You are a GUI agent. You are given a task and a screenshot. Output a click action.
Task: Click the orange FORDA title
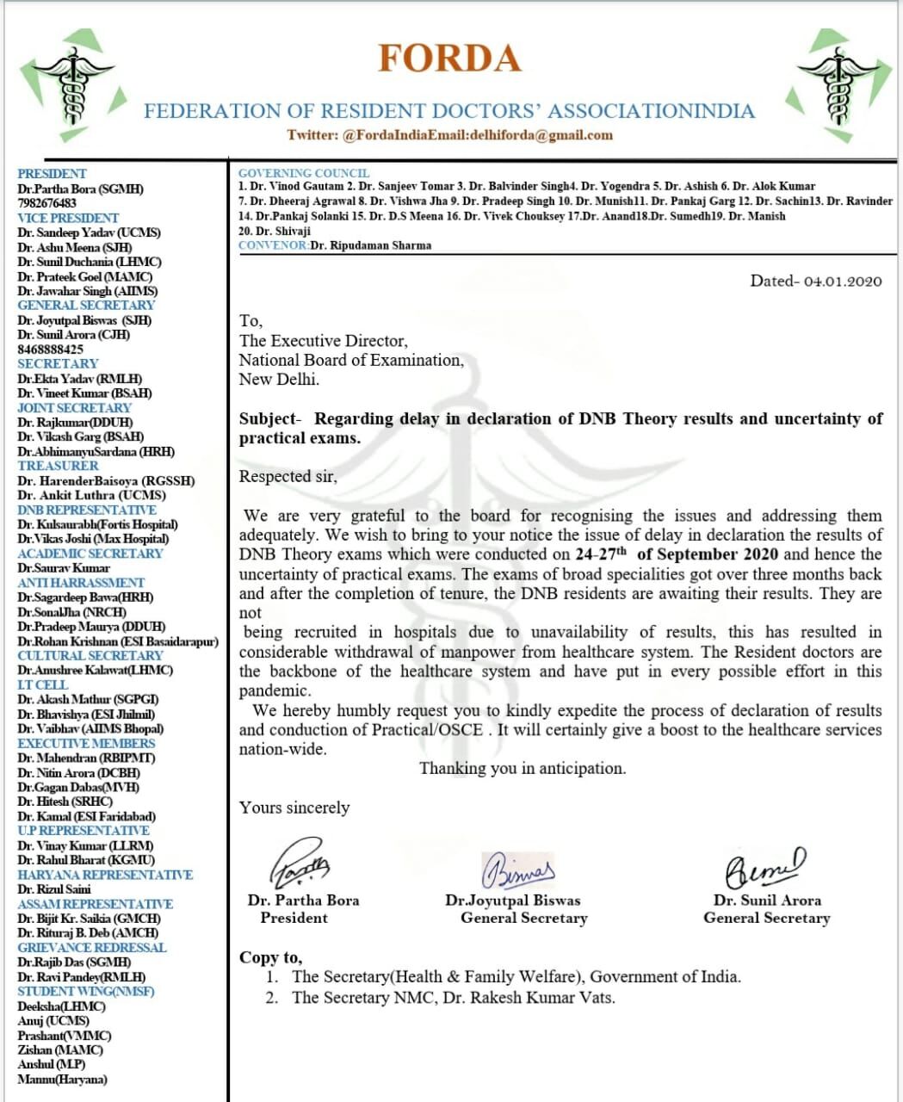(x=449, y=59)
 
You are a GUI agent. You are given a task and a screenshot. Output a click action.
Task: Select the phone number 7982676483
(x=46, y=203)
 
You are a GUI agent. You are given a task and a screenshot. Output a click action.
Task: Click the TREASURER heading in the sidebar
(x=58, y=466)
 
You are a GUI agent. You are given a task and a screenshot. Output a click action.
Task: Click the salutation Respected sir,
(x=288, y=476)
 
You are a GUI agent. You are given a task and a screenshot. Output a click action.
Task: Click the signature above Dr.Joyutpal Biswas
(x=519, y=870)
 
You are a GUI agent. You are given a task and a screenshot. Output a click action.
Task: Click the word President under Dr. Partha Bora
(x=294, y=918)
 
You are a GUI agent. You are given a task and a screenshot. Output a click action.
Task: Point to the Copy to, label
(x=270, y=957)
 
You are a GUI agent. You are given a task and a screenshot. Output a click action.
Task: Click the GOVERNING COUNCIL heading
(x=303, y=173)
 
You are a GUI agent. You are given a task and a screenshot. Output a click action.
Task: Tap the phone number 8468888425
(x=50, y=350)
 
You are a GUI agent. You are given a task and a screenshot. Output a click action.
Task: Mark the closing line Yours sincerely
(x=294, y=808)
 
